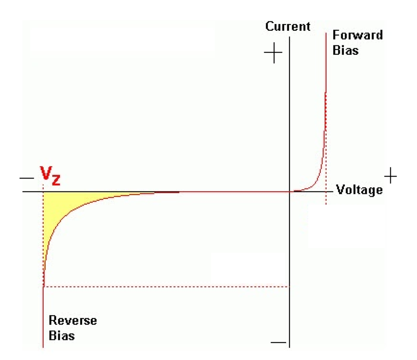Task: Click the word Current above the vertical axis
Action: point(288,26)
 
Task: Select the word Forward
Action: point(357,35)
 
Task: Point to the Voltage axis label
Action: point(359,190)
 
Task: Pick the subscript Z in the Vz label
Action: point(57,180)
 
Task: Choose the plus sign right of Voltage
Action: point(390,176)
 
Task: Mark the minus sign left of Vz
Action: point(26,178)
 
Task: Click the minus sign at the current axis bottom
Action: point(278,342)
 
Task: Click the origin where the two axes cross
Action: point(290,192)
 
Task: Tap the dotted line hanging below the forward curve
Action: point(326,199)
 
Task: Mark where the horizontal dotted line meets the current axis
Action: point(290,287)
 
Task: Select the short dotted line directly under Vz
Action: point(43,188)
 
